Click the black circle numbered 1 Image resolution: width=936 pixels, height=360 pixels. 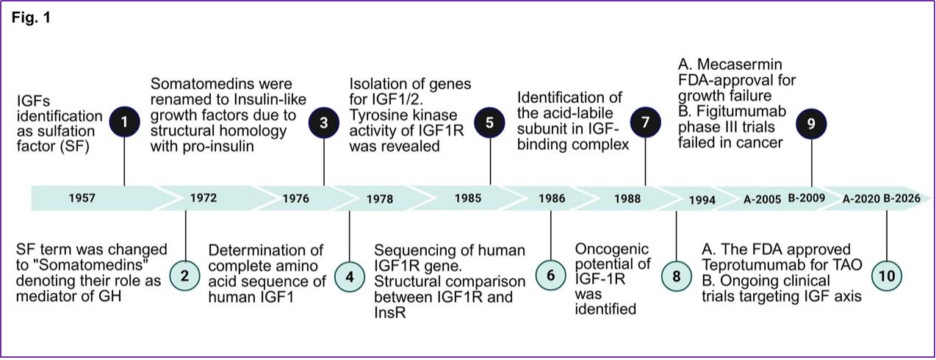(x=124, y=122)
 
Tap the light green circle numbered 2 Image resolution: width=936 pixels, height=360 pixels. (x=184, y=276)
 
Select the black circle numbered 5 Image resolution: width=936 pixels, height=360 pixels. (x=490, y=123)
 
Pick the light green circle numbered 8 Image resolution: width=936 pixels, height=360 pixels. (x=677, y=276)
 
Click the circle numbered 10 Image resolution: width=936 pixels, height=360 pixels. (x=887, y=276)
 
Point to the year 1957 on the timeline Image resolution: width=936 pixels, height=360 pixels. (x=82, y=198)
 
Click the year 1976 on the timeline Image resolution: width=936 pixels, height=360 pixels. (x=296, y=198)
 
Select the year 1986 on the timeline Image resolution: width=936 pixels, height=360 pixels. (x=552, y=198)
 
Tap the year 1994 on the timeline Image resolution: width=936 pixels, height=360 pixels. (x=702, y=200)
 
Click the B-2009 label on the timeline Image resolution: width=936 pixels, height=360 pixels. (x=807, y=198)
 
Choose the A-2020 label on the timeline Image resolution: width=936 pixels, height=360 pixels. (x=861, y=199)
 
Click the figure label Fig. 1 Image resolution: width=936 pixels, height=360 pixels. (x=31, y=18)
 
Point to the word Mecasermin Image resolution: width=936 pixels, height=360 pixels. (x=740, y=65)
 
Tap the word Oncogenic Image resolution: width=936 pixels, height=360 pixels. (x=612, y=249)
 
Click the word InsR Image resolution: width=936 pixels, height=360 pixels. (x=390, y=312)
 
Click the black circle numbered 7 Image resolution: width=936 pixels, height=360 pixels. (x=646, y=123)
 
